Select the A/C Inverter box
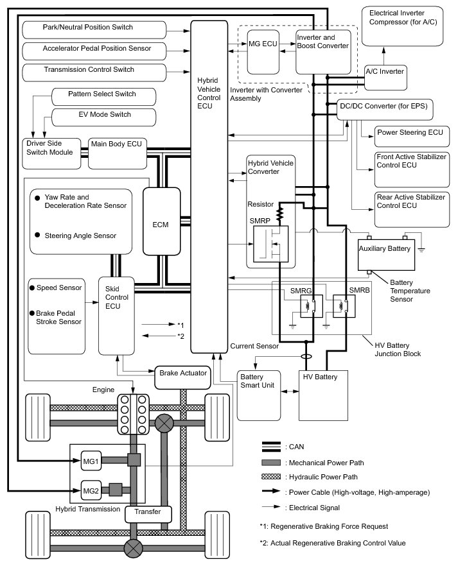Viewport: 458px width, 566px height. click(x=384, y=72)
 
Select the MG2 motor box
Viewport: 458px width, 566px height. click(x=91, y=492)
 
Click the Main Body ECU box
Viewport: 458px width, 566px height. click(x=112, y=152)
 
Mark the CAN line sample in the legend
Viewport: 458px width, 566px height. click(x=272, y=447)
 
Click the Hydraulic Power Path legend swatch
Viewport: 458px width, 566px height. click(x=272, y=477)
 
